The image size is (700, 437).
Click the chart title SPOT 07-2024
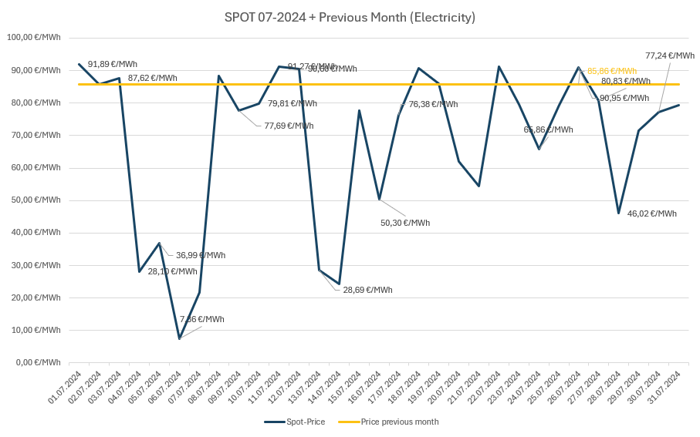click(x=350, y=17)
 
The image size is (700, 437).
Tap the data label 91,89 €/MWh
click(x=113, y=65)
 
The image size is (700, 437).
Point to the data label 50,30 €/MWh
click(x=405, y=224)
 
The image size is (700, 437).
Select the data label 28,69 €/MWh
click(x=368, y=291)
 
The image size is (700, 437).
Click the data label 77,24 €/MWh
click(x=670, y=55)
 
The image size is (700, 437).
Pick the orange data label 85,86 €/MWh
click(x=612, y=71)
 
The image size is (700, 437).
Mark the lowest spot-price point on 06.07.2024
click(x=179, y=338)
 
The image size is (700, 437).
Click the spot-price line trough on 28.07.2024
click(x=618, y=213)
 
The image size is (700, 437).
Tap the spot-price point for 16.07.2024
click(x=379, y=199)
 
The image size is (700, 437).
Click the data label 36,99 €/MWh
click(x=201, y=256)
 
